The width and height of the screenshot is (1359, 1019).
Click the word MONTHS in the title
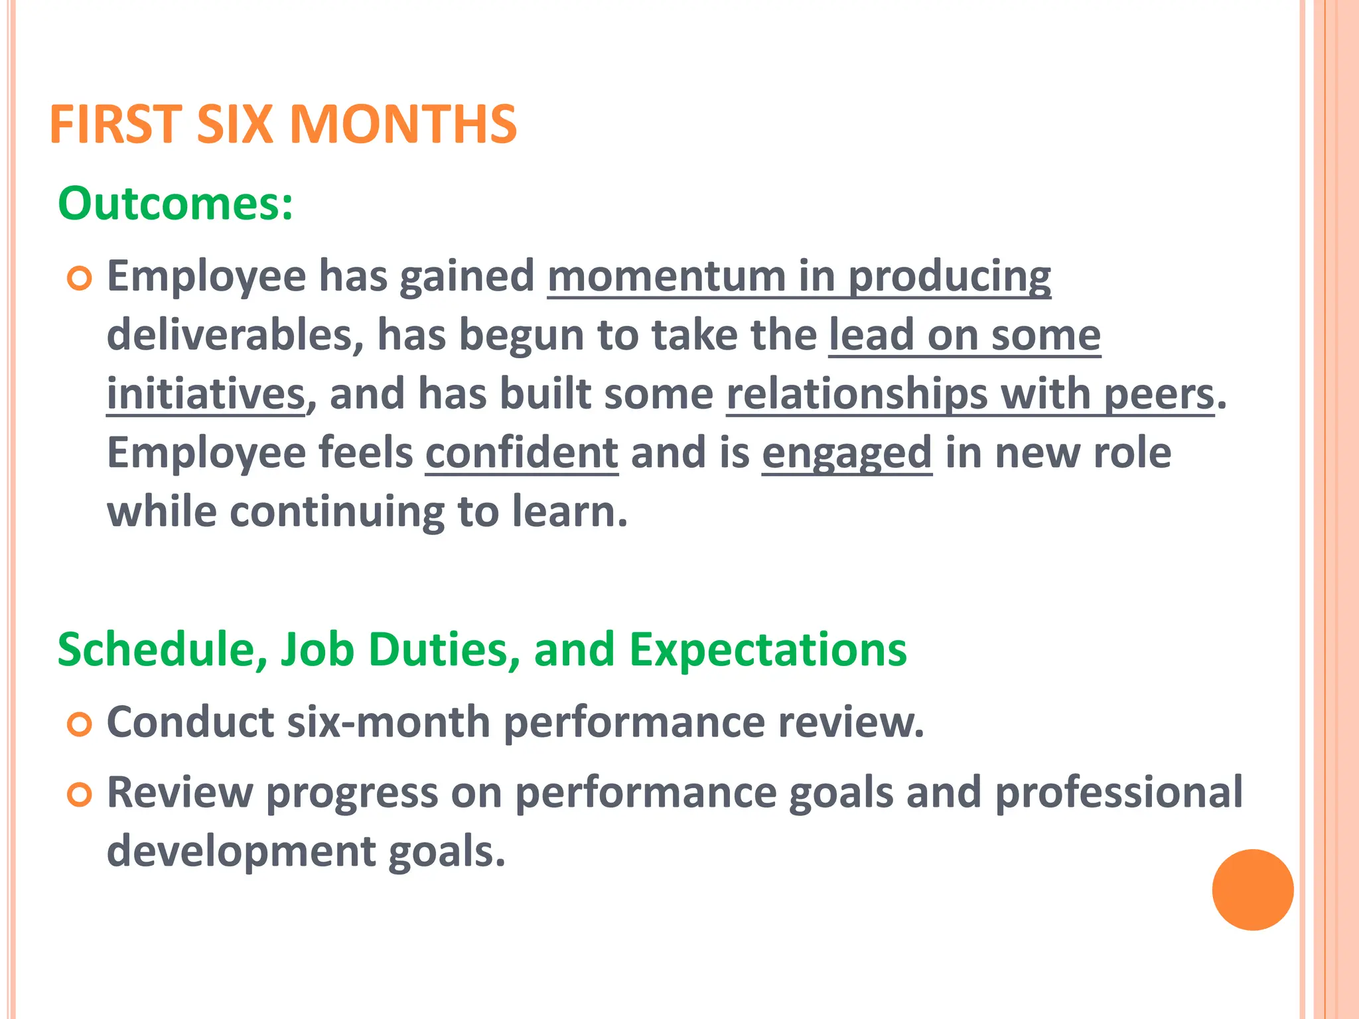403,125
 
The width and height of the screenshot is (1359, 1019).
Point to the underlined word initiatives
206,394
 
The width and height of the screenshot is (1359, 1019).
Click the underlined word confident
522,453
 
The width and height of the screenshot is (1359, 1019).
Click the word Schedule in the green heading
157,649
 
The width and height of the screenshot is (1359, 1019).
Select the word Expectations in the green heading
767,649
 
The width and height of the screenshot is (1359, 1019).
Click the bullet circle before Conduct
79,725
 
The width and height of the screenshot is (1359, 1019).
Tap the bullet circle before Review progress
79,795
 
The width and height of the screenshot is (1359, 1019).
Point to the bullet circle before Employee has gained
79,279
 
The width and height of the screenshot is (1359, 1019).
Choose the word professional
1119,793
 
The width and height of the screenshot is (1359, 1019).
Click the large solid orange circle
1252,890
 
